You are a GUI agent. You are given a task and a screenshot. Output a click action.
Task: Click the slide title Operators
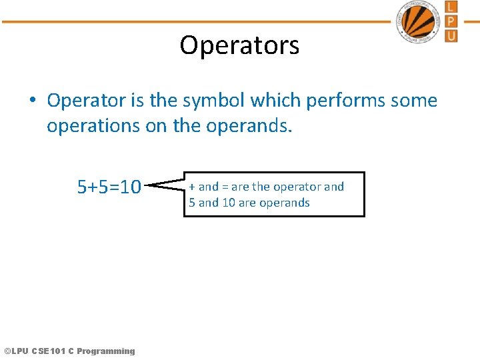tap(239, 45)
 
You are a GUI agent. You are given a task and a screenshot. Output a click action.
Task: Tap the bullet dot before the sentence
tap(32, 101)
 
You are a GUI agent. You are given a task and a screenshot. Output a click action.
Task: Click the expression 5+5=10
tap(109, 187)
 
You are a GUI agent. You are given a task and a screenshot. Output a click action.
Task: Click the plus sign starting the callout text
tap(192, 187)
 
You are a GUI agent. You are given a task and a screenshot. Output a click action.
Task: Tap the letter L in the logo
tap(451, 7)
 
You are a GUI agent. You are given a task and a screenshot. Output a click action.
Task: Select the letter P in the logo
tap(451, 21)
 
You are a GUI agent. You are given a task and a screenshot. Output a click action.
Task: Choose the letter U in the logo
tap(451, 35)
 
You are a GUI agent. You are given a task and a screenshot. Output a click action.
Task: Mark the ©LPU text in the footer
tap(16, 351)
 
